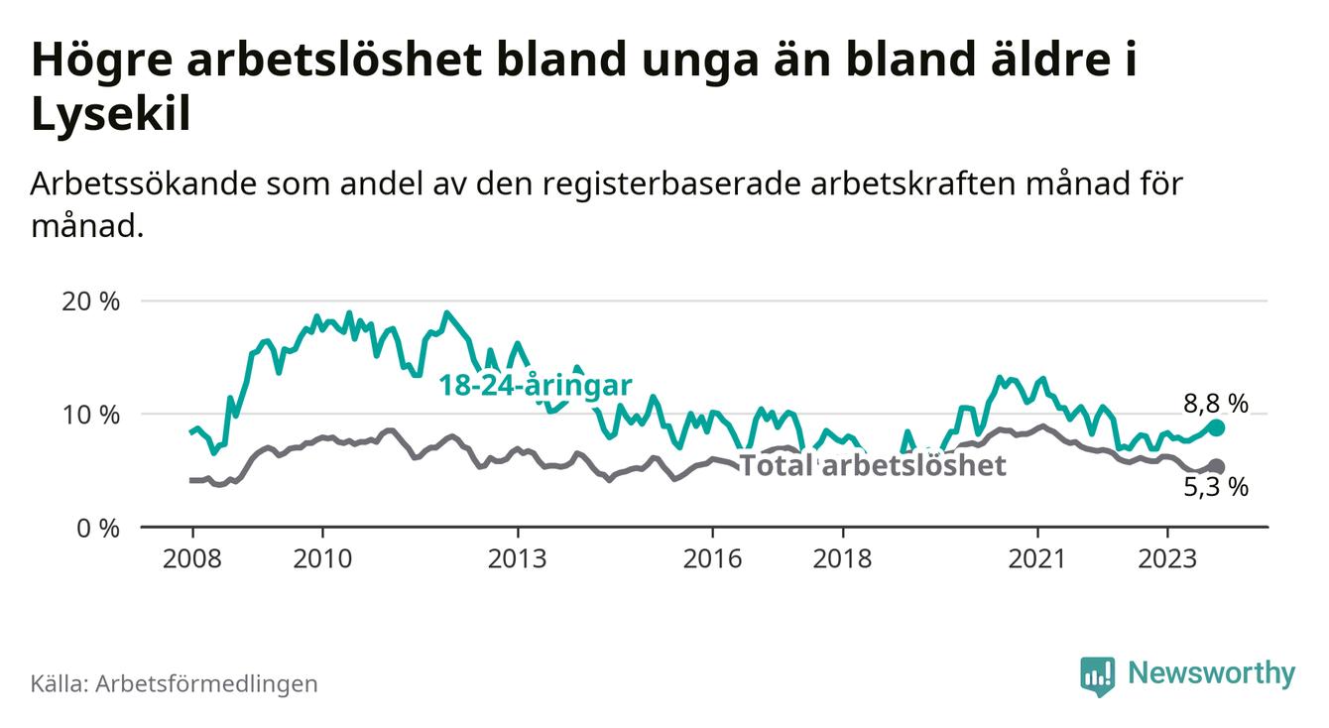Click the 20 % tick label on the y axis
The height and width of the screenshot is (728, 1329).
point(91,301)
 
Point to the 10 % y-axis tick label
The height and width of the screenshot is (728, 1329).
point(91,414)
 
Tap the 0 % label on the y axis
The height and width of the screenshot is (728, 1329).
point(97,527)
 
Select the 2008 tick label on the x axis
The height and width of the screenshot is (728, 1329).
point(191,558)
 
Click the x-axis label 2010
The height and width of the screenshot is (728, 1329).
point(322,558)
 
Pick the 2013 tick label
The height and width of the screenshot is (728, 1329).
point(518,558)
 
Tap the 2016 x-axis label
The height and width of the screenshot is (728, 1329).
point(712,558)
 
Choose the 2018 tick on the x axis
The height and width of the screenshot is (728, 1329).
point(842,558)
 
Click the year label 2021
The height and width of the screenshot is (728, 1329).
point(1037,558)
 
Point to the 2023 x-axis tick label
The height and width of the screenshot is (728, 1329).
point(1167,558)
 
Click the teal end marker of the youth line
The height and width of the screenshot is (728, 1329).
point(1217,427)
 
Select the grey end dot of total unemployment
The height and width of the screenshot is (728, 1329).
point(1217,466)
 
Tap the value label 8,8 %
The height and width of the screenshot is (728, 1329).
point(1215,403)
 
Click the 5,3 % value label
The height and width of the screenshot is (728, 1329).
point(1215,487)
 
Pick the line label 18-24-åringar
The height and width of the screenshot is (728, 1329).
point(536,386)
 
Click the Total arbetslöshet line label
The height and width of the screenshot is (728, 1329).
point(873,465)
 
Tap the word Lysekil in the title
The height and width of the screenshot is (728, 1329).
point(110,115)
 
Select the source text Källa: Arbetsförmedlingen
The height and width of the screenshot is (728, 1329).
point(175,683)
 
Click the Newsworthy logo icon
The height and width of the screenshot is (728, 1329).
point(1096,675)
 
